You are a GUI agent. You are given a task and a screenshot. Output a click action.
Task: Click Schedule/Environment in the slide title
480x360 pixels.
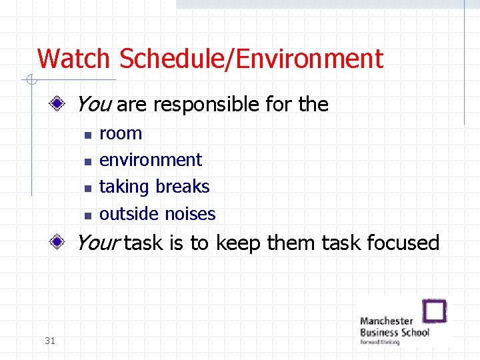pos(251,59)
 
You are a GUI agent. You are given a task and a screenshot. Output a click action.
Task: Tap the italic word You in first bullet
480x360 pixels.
pos(93,104)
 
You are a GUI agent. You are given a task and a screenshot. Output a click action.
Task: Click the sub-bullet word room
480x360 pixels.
pos(121,133)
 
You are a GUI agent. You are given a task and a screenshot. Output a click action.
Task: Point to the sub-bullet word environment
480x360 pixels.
pos(150,160)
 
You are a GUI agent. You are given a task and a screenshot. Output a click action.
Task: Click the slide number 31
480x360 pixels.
pos(49,341)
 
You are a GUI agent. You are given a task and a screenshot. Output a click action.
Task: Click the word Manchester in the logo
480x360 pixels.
pos(387,321)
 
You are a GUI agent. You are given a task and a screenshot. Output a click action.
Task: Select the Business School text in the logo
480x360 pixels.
pos(395,332)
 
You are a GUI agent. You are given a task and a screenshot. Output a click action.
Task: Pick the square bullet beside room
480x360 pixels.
pos(87,134)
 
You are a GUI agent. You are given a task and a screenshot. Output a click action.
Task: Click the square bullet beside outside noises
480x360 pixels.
pos(87,215)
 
